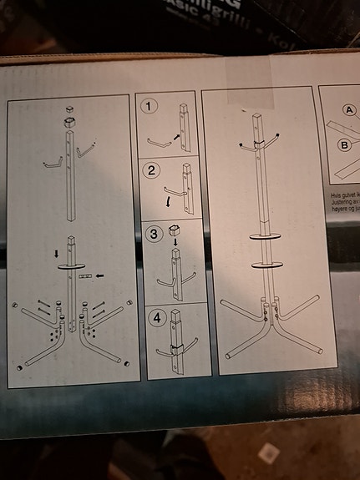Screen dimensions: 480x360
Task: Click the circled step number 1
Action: click(x=150, y=106)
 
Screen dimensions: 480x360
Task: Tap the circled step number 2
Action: click(x=151, y=171)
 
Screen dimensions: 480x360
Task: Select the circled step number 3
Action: click(x=153, y=234)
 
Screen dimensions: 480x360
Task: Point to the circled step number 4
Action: click(x=155, y=317)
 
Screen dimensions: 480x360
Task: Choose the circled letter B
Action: click(x=344, y=144)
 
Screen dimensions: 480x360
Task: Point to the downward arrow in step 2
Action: click(x=167, y=201)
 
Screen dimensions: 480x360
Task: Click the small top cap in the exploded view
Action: click(x=68, y=109)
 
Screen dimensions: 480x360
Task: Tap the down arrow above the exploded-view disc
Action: click(x=57, y=251)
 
